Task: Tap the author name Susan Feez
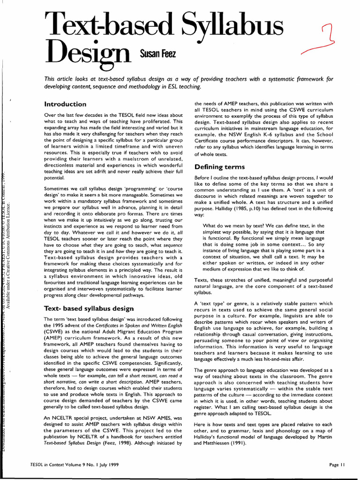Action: (x=157, y=55)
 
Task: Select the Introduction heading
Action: (x=65, y=104)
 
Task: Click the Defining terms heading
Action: (x=219, y=167)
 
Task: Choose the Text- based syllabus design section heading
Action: (x=89, y=308)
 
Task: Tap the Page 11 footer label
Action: (x=337, y=465)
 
